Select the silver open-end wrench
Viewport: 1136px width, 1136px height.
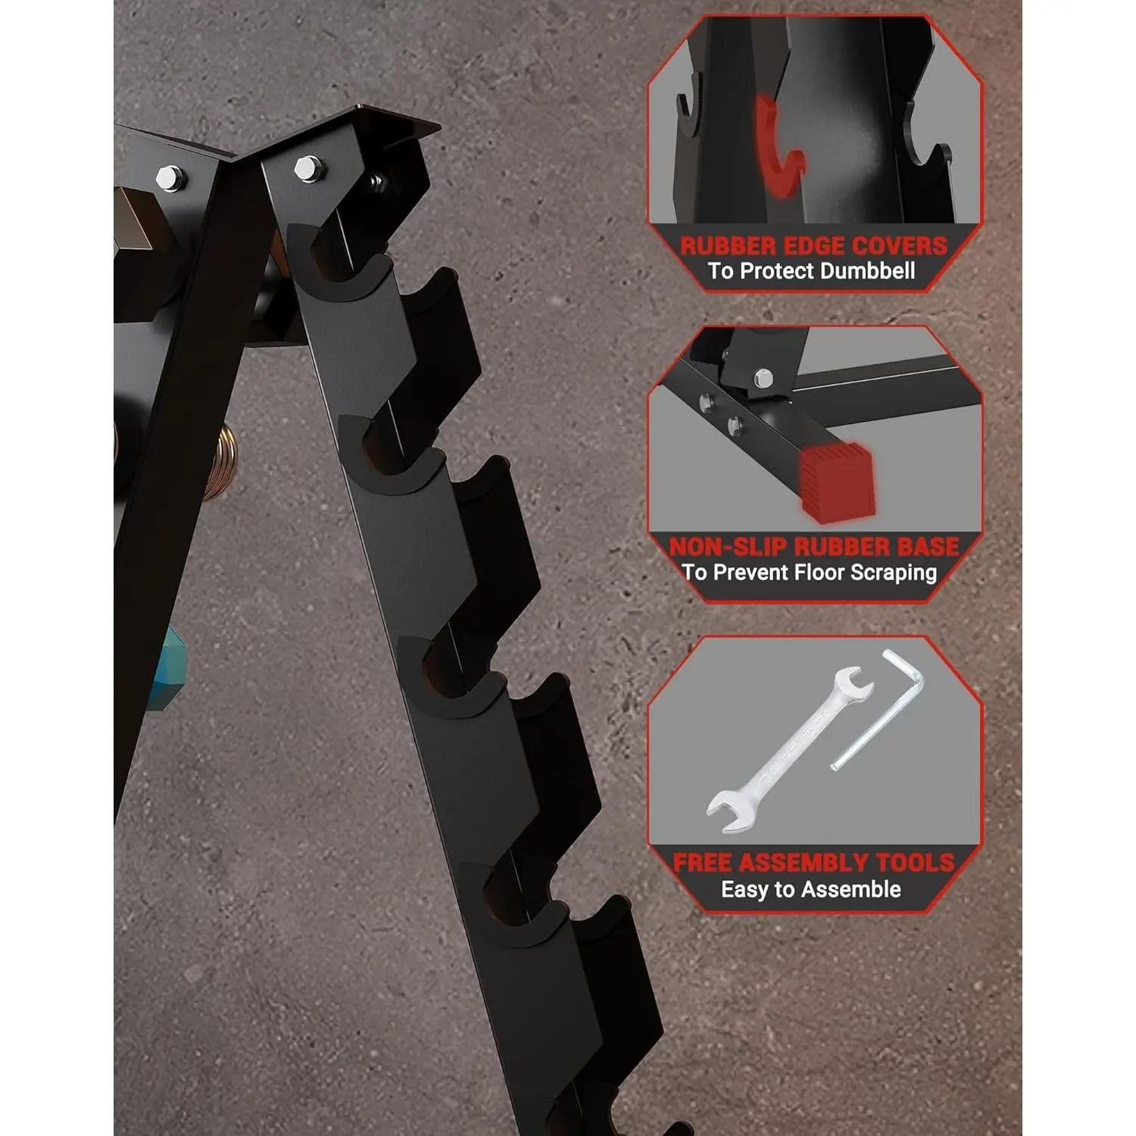[790, 749]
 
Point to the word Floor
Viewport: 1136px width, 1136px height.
[817, 572]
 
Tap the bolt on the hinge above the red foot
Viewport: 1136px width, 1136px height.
[763, 376]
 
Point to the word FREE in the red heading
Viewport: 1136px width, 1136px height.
[703, 863]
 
